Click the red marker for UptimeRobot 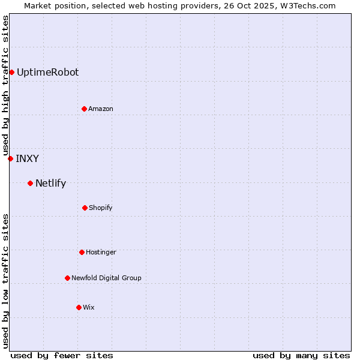(11, 73)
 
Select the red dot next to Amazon (84, 109)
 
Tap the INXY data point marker (10, 158)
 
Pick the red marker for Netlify (30, 183)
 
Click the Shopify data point (85, 208)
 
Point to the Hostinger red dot (82, 252)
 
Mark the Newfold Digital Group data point (67, 278)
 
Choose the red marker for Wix (79, 307)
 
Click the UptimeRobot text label (47, 73)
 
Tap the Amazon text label (101, 109)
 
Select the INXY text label (27, 158)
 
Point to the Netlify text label (50, 183)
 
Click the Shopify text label (101, 208)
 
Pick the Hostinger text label (101, 252)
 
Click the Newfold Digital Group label (106, 278)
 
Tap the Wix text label (89, 307)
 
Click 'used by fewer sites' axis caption (62, 355)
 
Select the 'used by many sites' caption (301, 355)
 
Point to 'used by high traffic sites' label (5, 85)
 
